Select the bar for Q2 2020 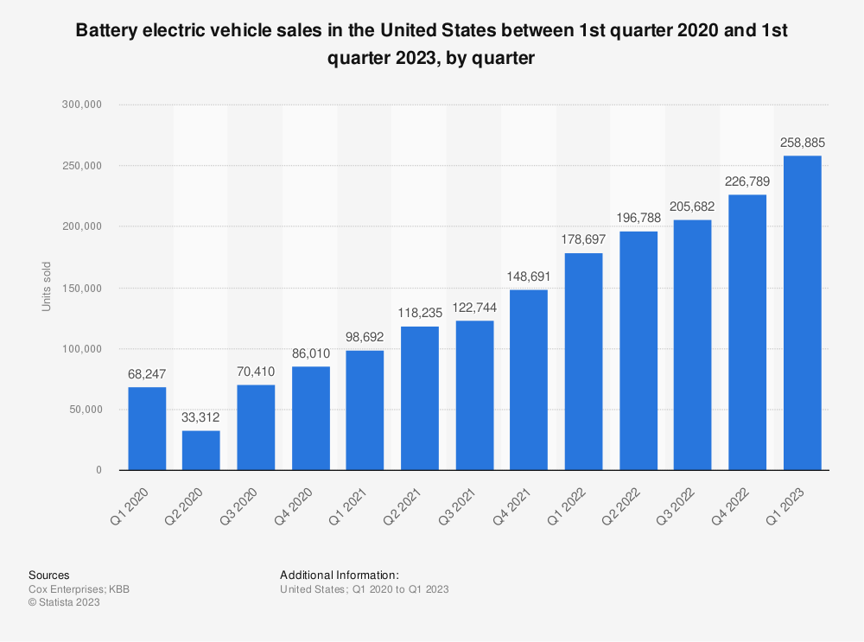point(201,450)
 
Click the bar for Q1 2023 point(803,313)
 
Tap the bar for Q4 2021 point(529,379)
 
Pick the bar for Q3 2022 point(693,345)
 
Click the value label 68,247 point(147,374)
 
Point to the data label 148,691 point(529,277)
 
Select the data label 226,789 point(747,181)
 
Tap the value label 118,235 point(420,313)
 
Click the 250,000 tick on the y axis point(81,166)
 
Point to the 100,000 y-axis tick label point(81,349)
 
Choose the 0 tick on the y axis point(98,470)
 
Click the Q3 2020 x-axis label point(238,506)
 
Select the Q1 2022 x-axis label point(566,506)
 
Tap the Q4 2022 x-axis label point(730,506)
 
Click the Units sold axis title point(47,287)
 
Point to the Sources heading point(49,575)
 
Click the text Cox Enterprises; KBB point(79,589)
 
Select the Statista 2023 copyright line point(64,602)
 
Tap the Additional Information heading point(340,575)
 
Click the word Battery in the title point(106,30)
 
